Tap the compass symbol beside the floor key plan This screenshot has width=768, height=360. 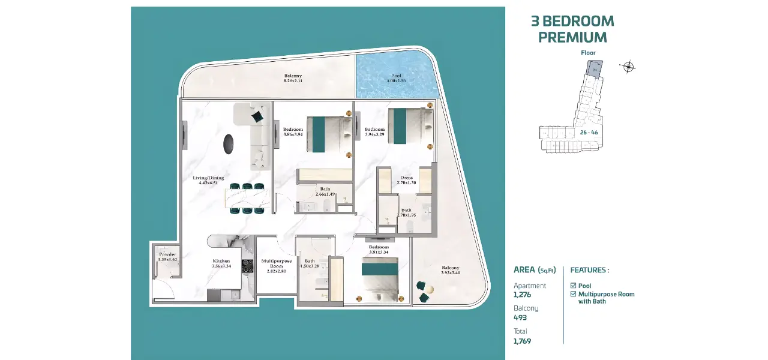point(628,67)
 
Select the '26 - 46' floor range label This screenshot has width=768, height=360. point(589,132)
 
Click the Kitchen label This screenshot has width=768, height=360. point(221,264)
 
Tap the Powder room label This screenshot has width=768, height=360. point(167,257)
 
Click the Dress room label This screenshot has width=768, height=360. point(406,180)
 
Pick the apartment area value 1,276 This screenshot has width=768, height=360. point(522,295)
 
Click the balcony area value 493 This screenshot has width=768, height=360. point(520,317)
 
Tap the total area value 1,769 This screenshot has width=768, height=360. point(522,341)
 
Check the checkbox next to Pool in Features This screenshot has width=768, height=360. point(573,286)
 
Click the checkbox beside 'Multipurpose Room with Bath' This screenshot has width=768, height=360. point(573,294)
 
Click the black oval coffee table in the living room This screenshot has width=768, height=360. point(229,144)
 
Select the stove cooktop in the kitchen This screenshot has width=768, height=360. point(248,266)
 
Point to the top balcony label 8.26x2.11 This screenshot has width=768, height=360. point(293,78)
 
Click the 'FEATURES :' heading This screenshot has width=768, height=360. point(589,270)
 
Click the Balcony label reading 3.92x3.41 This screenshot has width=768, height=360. point(450,270)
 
